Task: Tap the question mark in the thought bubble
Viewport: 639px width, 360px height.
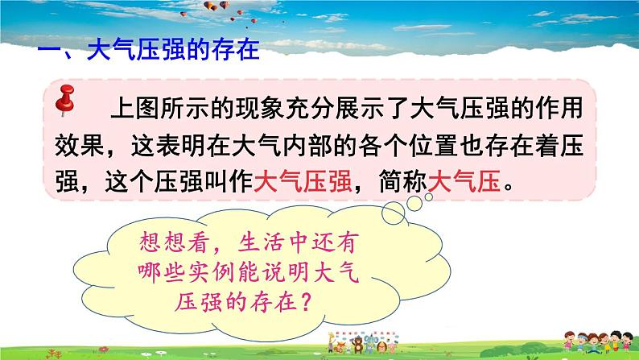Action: (319, 300)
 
